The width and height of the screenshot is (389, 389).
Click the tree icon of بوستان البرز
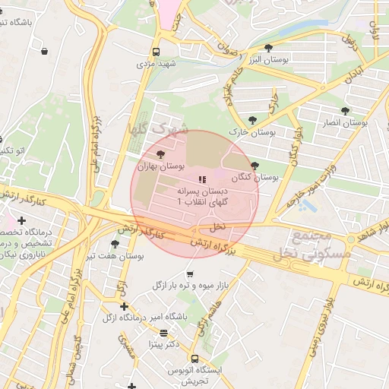point(268,48)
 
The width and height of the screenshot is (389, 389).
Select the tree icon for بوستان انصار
point(346,111)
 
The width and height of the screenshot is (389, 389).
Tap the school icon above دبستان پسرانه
point(201,179)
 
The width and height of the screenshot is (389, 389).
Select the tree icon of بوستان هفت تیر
point(115,244)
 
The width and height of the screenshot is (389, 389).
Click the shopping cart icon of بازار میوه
point(189,274)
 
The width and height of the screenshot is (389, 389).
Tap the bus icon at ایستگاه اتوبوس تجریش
point(195,359)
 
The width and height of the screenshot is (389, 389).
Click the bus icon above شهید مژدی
point(156,52)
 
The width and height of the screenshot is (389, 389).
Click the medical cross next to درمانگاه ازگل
point(124,306)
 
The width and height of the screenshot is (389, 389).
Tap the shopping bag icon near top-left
point(44,52)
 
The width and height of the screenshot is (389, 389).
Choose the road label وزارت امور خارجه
point(312,187)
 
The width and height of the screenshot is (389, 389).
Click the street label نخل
point(218,226)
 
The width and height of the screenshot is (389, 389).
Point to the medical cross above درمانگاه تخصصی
point(22,220)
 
